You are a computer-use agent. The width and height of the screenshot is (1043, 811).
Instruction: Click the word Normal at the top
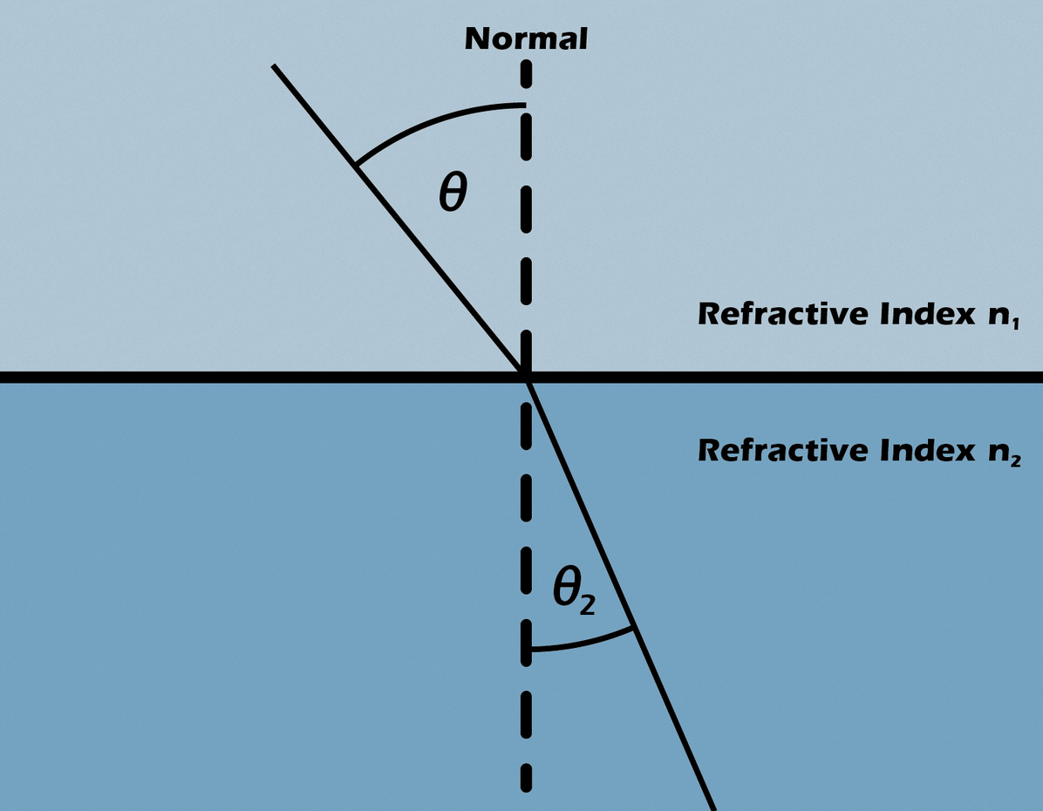526,39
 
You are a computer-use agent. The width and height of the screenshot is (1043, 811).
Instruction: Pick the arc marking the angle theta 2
584,644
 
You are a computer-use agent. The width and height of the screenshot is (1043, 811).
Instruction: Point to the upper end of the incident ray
274,66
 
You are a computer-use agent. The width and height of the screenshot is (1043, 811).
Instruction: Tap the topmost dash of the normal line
525,73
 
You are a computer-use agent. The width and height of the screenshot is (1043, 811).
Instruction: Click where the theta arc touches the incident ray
356,164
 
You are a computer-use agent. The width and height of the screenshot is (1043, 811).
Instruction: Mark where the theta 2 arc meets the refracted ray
634,628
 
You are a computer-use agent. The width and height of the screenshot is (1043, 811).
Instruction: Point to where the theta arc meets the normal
524,106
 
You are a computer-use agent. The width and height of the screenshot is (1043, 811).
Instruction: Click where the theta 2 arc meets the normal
527,650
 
